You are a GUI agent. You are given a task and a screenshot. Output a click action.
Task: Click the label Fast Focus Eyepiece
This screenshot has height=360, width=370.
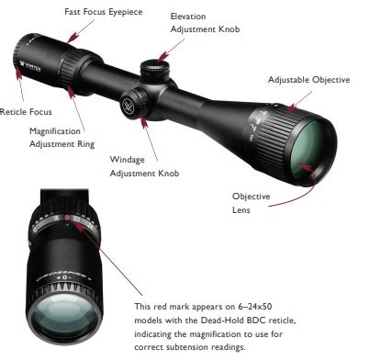coord(104,12)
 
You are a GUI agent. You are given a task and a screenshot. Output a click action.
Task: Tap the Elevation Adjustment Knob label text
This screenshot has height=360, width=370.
coord(205,23)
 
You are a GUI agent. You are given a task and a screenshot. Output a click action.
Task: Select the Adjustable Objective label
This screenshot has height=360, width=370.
coord(309,80)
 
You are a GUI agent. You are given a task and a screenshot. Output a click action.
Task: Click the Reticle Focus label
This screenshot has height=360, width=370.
coord(26,112)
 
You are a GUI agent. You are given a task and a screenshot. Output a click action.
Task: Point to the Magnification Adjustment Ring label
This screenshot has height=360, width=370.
coord(62,138)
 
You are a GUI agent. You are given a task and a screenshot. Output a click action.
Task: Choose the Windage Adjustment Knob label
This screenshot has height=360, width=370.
coord(144,166)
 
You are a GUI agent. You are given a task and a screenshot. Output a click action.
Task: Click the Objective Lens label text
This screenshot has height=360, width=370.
coord(251,203)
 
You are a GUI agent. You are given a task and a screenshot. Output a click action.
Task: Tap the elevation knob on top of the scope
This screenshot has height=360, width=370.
coord(154,72)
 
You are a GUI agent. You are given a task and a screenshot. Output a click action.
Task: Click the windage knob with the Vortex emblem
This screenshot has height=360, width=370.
coord(134,102)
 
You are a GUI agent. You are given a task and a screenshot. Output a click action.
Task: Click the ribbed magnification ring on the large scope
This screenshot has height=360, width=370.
coord(70,69)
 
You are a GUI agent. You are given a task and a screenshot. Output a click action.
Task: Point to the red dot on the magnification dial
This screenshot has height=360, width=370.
coord(67,218)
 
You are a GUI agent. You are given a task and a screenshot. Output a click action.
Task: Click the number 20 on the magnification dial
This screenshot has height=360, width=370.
coord(76,219)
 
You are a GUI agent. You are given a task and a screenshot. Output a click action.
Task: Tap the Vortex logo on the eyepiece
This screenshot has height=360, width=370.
coord(30,66)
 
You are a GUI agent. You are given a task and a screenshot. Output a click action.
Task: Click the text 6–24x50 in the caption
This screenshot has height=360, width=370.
coord(254,307)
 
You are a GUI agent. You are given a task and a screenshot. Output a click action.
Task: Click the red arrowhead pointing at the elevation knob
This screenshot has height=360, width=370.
coord(163,56)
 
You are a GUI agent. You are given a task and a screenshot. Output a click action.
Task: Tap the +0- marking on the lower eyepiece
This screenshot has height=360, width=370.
coord(64,277)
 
